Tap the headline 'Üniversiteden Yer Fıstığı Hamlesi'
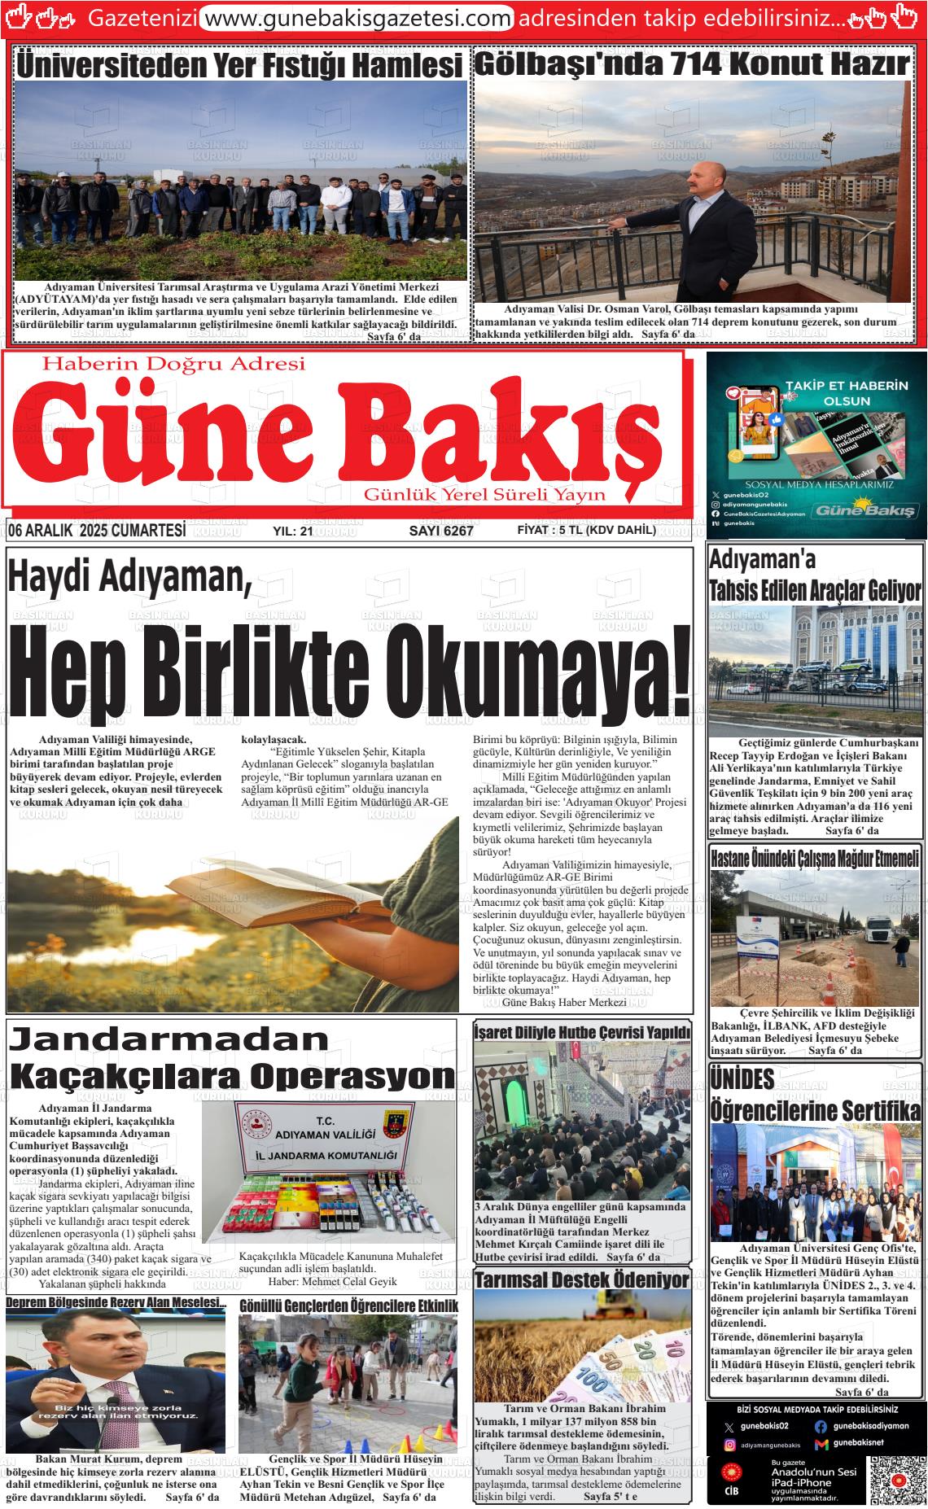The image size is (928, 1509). click(x=239, y=64)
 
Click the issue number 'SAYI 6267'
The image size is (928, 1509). click(x=440, y=531)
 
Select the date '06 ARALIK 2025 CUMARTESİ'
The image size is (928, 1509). click(x=97, y=531)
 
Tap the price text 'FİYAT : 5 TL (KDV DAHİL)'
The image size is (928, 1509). click(x=586, y=531)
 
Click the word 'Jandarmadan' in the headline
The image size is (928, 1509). click(x=170, y=1039)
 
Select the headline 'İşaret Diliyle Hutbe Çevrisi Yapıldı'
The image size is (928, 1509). click(x=582, y=1032)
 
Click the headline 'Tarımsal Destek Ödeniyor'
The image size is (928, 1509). click(x=582, y=1279)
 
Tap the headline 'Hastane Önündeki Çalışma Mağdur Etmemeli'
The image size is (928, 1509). click(x=815, y=857)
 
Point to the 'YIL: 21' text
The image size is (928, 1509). click(x=293, y=531)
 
